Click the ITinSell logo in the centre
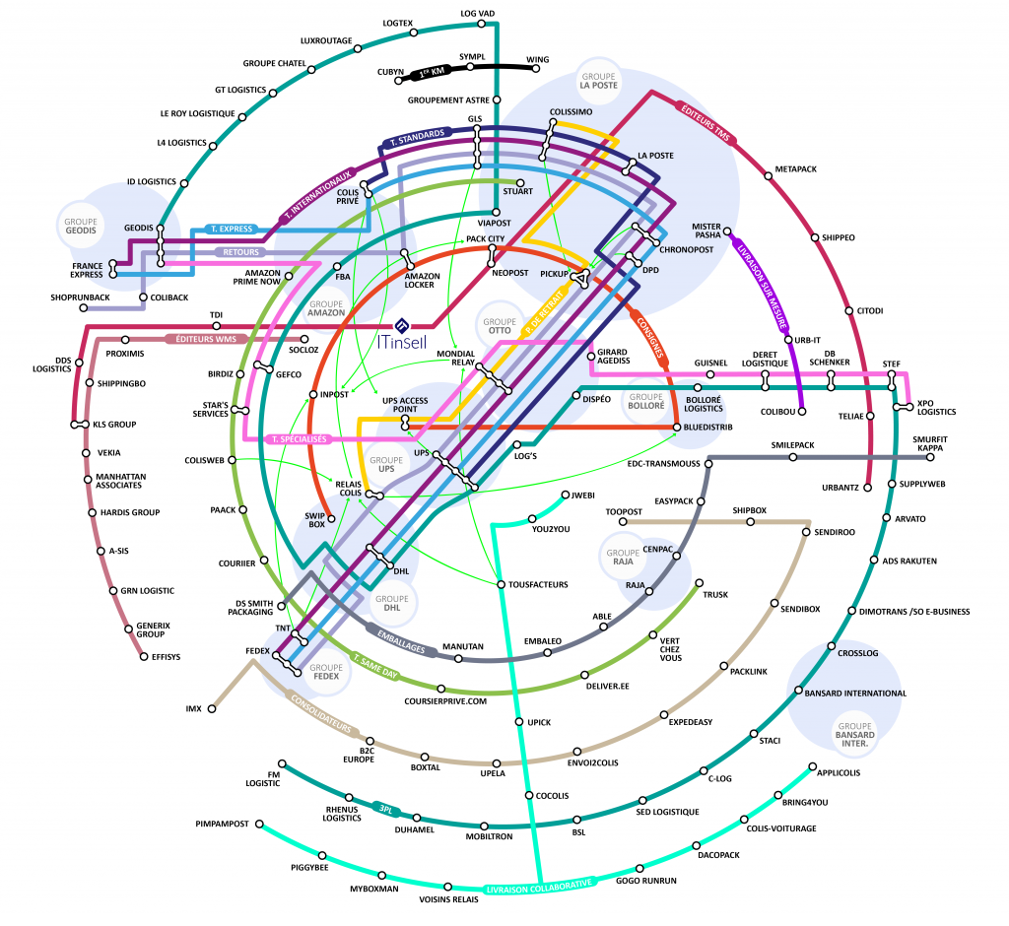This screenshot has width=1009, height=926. tap(401, 334)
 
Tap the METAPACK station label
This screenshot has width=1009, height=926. tap(796, 169)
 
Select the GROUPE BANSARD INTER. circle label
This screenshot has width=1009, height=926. tap(854, 730)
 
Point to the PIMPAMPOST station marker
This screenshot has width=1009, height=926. tap(261, 823)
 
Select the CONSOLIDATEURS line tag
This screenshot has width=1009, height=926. tap(319, 713)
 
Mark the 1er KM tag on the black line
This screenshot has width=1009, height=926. tap(435, 72)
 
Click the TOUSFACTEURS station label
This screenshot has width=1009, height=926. tap(538, 585)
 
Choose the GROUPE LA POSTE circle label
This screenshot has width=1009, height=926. tap(598, 81)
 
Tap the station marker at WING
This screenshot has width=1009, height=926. tap(531, 69)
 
